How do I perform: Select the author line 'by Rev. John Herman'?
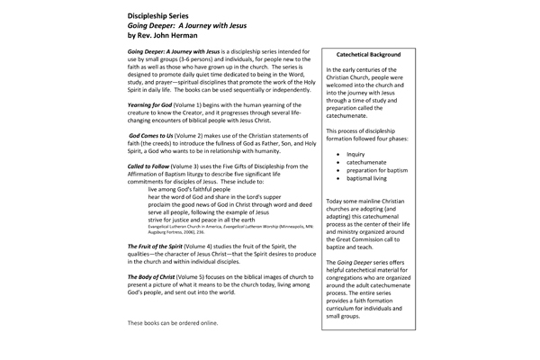[x=168, y=39]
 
